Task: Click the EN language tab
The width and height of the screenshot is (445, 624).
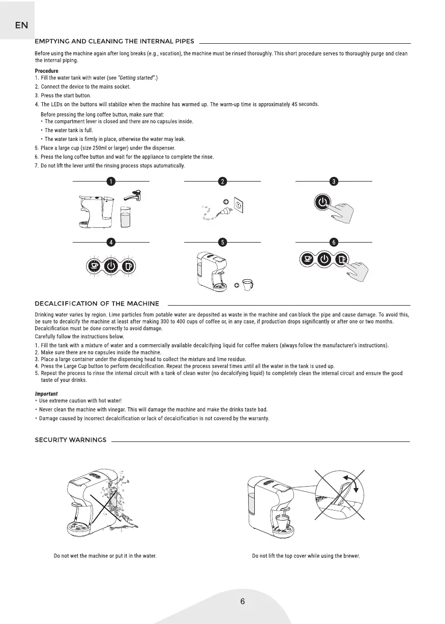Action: pos(21,25)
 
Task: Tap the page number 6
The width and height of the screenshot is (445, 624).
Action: pos(243,602)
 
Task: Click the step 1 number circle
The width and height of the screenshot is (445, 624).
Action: pos(110,182)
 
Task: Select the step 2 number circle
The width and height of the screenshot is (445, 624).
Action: pos(222,182)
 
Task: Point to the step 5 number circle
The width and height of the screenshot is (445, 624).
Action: pos(222,242)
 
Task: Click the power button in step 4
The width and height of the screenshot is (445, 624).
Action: pos(111,266)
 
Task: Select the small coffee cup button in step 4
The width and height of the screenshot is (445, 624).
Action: pos(95,266)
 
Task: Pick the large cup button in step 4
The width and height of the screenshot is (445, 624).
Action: pos(128,266)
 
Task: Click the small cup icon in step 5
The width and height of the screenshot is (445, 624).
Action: pos(247,285)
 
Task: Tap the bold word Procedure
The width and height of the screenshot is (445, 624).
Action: pos(46,71)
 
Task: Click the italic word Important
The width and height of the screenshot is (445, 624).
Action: pos(46,394)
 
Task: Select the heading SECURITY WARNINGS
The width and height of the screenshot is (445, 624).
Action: pos(70,440)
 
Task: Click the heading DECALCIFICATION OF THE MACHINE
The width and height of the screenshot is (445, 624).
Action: pos(97,304)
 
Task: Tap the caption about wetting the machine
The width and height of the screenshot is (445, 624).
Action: pos(105,556)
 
